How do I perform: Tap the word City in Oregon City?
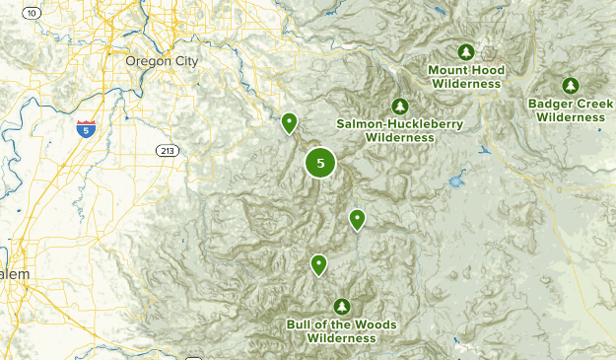(x=184, y=61)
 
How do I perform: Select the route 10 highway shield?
(x=32, y=12)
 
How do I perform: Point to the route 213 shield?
(x=167, y=150)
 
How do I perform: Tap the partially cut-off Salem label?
(x=14, y=273)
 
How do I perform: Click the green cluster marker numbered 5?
(x=320, y=163)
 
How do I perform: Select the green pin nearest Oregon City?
(x=289, y=122)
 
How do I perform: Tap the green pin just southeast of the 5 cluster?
(x=357, y=219)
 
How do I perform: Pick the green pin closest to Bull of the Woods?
(x=318, y=264)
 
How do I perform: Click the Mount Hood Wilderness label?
(x=464, y=77)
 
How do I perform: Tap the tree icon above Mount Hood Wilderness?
(x=465, y=51)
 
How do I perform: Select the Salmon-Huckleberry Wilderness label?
(x=399, y=131)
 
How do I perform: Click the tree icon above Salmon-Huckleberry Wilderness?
(x=399, y=106)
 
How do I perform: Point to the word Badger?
(x=554, y=103)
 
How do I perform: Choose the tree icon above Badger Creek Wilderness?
(x=570, y=86)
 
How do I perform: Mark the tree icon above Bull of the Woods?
(x=342, y=306)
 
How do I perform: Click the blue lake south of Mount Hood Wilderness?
(x=454, y=182)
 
